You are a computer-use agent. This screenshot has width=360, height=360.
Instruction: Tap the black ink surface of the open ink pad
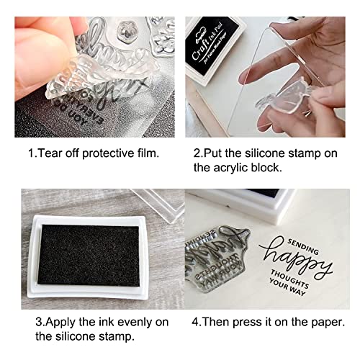(x=87, y=249)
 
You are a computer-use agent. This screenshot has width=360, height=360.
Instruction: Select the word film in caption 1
(x=143, y=154)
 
